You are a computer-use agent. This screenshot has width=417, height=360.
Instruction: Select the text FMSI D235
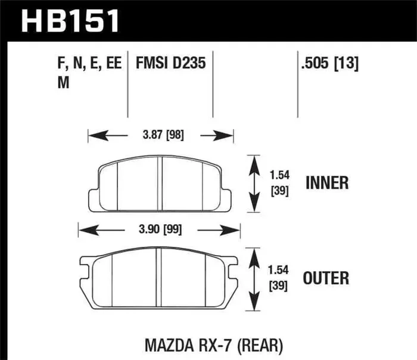click(170, 64)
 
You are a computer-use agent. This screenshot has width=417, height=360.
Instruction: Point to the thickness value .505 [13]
click(329, 64)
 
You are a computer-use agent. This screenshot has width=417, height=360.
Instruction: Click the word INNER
click(326, 183)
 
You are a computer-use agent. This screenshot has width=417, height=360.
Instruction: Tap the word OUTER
click(326, 278)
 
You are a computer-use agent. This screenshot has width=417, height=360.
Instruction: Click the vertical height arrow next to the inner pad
click(254, 183)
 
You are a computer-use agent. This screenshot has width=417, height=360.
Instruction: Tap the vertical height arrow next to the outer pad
click(254, 278)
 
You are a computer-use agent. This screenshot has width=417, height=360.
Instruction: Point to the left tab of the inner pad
click(93, 198)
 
